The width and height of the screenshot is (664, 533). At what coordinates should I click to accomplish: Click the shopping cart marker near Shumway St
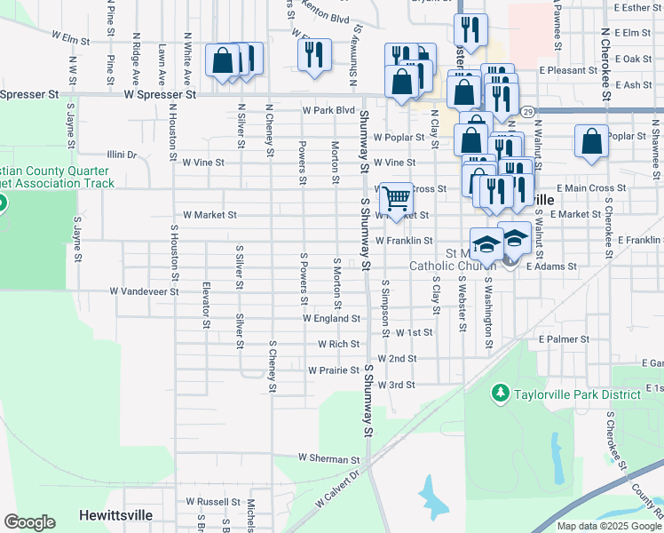pos(396,196)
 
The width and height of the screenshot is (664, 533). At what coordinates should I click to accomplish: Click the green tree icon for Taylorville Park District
pos(500,392)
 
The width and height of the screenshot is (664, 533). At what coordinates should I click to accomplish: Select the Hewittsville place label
pos(115,515)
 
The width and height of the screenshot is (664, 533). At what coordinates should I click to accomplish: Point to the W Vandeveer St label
pos(145,290)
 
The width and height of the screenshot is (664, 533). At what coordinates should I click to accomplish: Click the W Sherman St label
pos(328,458)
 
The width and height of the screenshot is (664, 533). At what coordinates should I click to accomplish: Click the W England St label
pos(331,318)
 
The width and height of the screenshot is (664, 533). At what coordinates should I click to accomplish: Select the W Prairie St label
pos(333,370)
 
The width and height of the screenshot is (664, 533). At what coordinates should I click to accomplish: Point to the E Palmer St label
pos(564,339)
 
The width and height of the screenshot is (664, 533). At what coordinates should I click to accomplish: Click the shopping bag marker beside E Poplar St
pos(591,141)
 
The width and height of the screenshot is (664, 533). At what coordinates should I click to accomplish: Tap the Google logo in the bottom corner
pos(29,522)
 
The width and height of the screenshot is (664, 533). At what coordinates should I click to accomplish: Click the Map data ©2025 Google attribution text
pos(610,526)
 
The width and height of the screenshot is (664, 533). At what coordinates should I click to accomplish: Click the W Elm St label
pos(71,40)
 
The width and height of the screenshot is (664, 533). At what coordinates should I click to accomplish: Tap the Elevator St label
pos(206,306)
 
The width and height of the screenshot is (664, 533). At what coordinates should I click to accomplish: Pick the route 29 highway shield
pos(527,111)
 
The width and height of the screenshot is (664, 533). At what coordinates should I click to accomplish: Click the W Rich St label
pos(339,344)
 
